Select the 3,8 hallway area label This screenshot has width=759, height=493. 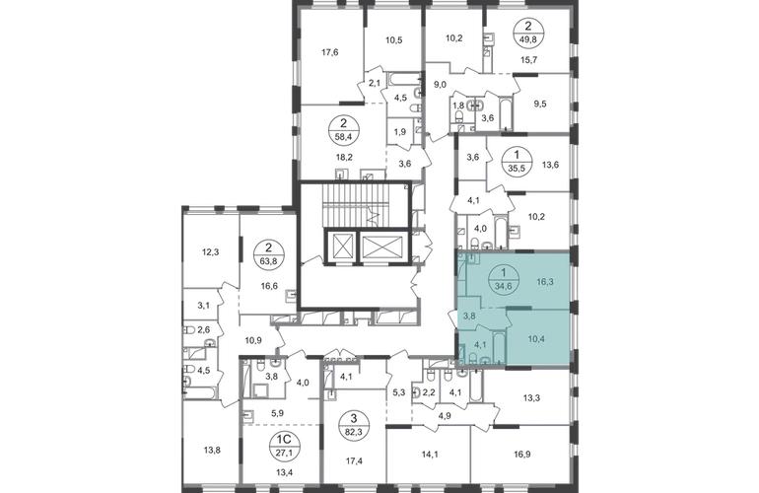coord(470,317)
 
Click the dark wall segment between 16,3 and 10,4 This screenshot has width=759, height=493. coord(536,309)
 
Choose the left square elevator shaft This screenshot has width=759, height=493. coord(343,246)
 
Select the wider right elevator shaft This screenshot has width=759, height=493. coord(382,246)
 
